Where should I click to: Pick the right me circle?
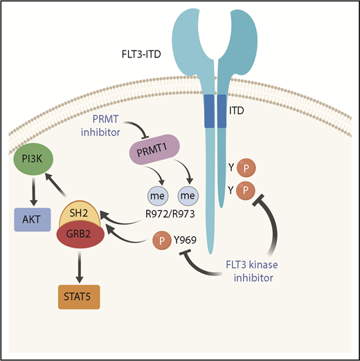pyautogui.click(x=189, y=196)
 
